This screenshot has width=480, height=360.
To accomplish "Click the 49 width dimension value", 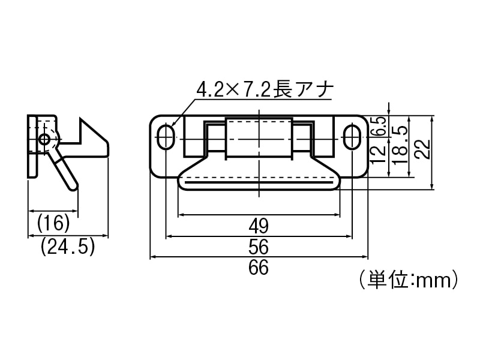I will [258, 226].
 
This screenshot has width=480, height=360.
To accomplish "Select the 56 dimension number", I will [258, 247].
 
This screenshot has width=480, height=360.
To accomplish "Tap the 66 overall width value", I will [258, 268].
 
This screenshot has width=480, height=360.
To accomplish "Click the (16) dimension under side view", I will [53, 224].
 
